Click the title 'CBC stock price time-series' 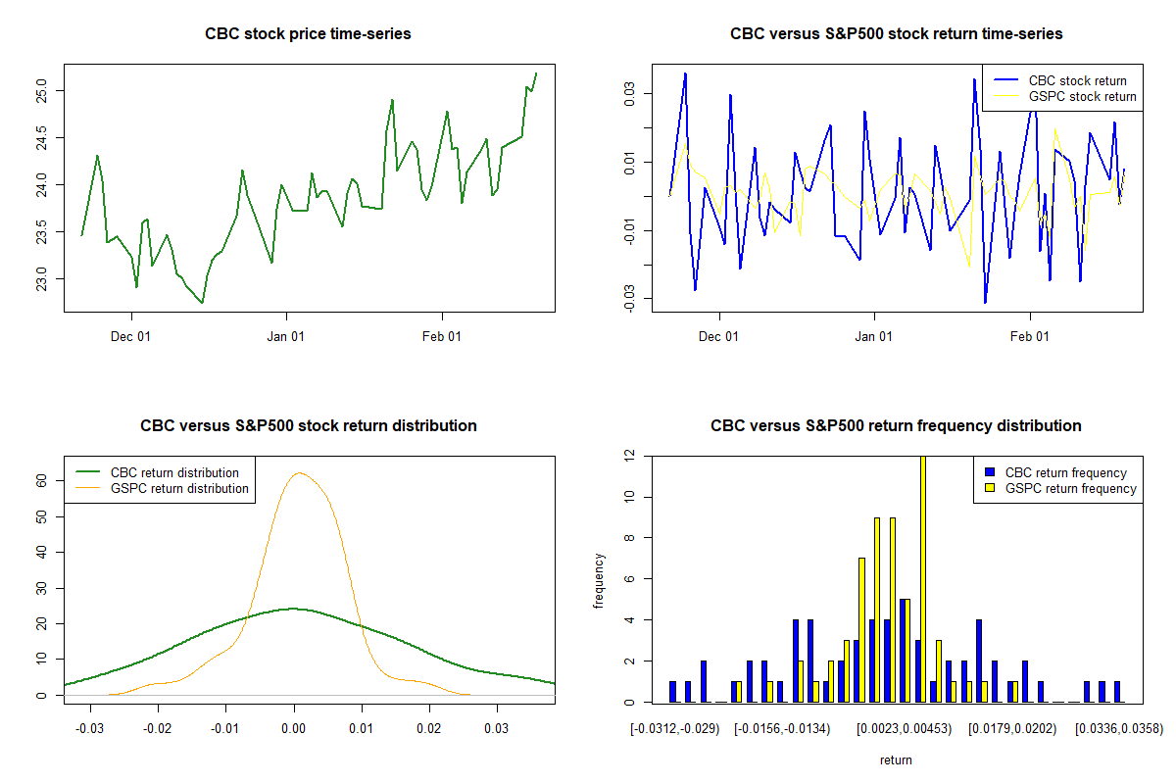click(308, 34)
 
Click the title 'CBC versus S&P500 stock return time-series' click(896, 34)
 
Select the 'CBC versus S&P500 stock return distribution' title click(308, 426)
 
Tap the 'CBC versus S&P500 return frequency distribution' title click(896, 426)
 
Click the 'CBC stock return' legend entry click(1077, 80)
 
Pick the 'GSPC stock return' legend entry click(1082, 96)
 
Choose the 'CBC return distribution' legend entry click(174, 472)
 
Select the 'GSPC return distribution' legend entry click(179, 488)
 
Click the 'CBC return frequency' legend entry click(1065, 472)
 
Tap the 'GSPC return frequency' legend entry click(1070, 488)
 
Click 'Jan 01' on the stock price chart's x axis click(286, 336)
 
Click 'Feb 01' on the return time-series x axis click(1030, 336)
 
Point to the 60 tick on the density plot click(41, 480)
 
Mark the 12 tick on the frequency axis click(628, 456)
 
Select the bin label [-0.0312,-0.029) click(676, 728)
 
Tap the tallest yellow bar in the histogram click(922, 578)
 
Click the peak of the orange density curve click(301, 473)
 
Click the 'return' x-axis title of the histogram click(896, 759)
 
